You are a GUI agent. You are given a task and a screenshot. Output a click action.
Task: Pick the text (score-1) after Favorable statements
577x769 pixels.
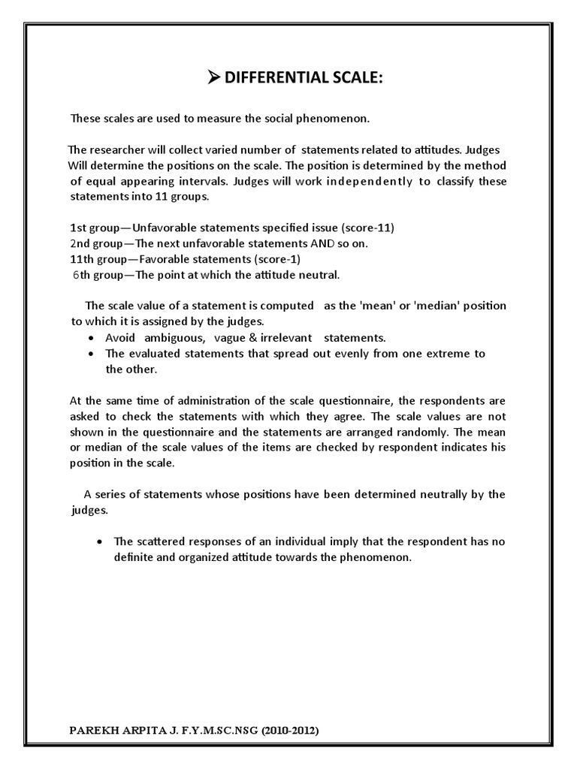click(275, 259)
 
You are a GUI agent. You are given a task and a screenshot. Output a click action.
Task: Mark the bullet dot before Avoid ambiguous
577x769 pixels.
click(91, 338)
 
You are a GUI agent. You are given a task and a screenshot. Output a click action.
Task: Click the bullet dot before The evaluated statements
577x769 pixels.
click(91, 354)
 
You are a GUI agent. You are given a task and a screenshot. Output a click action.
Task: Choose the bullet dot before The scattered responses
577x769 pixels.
click(100, 541)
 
